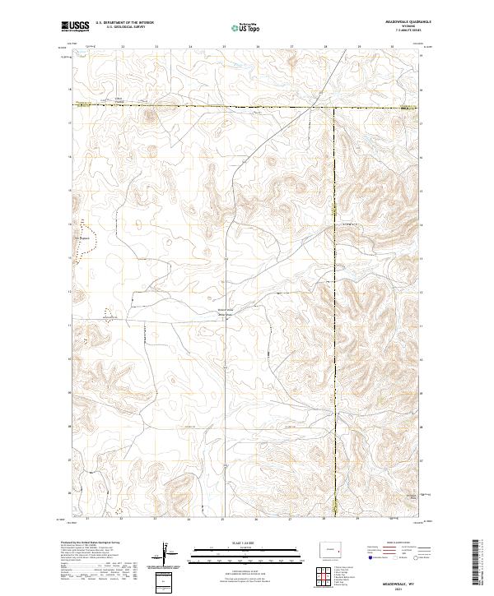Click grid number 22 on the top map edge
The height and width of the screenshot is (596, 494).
tap(123, 47)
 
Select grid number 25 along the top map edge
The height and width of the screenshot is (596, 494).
tap(224, 47)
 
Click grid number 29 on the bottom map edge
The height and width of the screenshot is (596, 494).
tap(360, 520)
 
